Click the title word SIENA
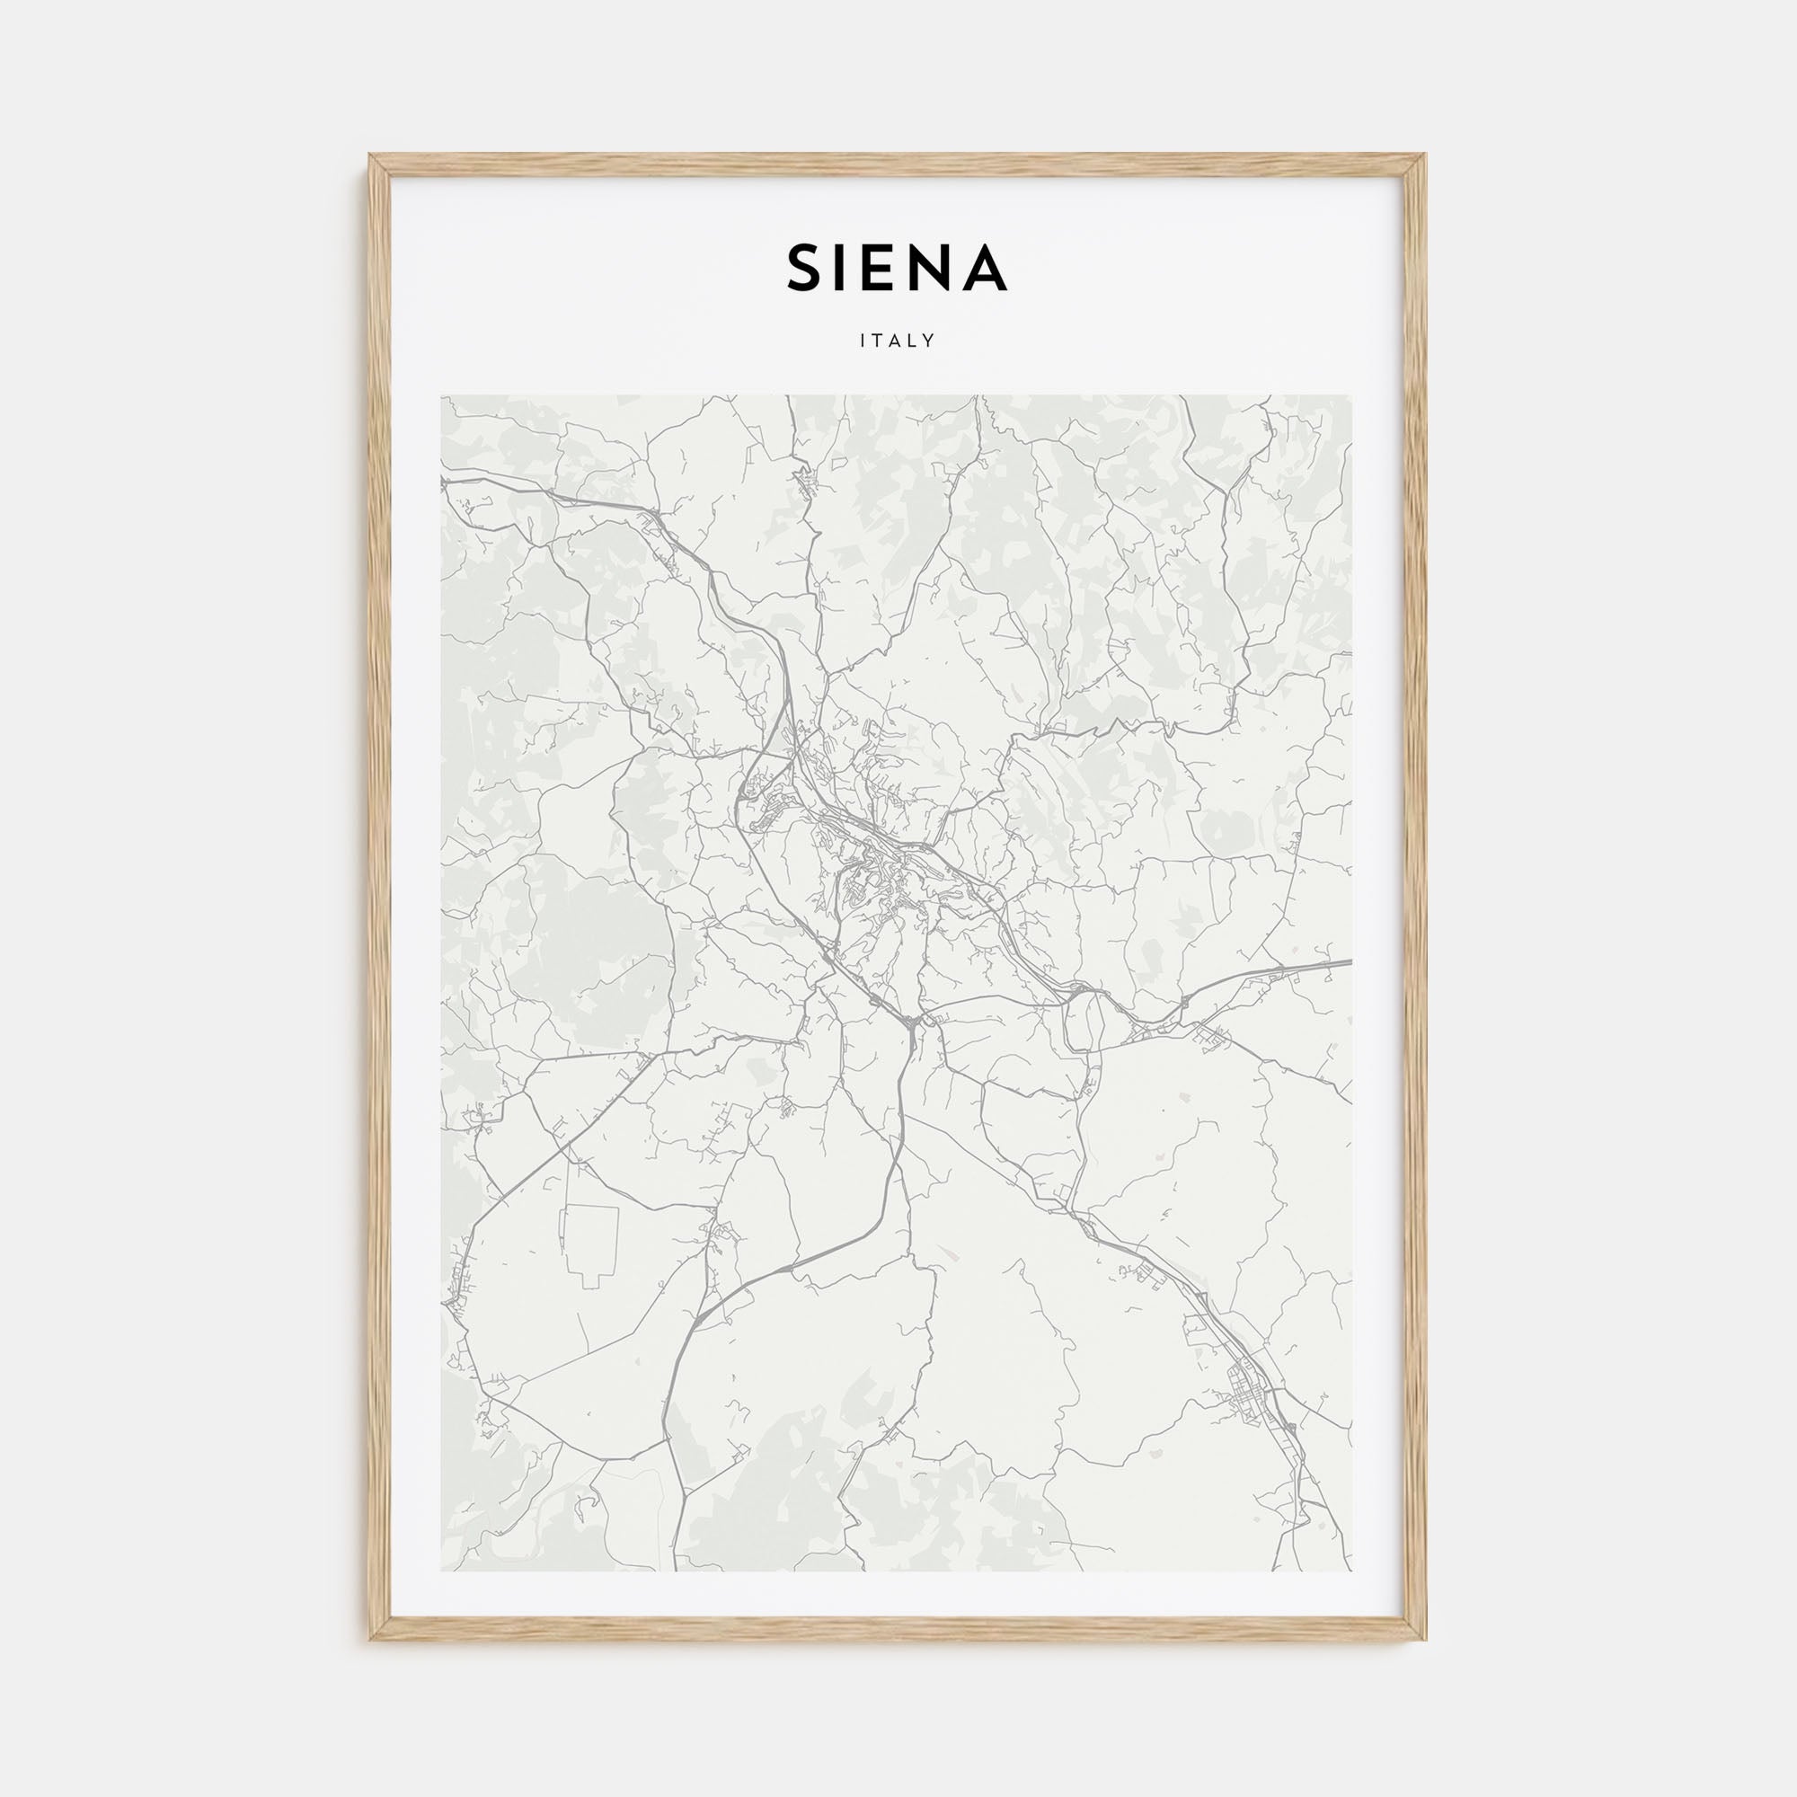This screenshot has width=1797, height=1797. coord(898,269)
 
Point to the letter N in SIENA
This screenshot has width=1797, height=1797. coord(937,269)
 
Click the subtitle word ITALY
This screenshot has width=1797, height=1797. coord(898,341)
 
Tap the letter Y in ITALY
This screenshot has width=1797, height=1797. coord(928,341)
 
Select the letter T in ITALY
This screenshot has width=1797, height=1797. coord(878,341)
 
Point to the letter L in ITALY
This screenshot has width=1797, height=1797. coord(913,341)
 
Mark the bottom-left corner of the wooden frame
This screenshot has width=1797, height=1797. coord(370,1639)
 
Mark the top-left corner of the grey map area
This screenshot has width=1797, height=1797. coord(442,395)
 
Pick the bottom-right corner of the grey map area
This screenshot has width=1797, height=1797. coord(1352,1571)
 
